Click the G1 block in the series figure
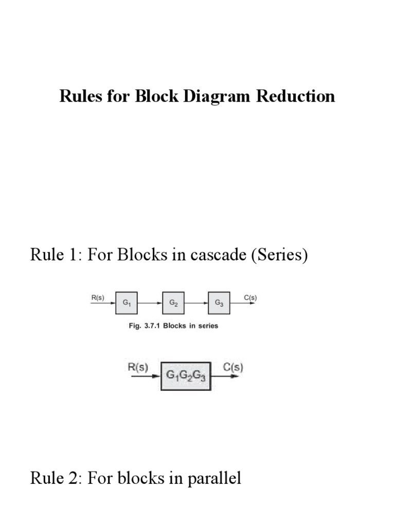click(x=127, y=303)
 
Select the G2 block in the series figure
click(x=173, y=303)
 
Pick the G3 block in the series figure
click(x=219, y=303)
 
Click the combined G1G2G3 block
click(x=186, y=376)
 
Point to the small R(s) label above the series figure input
click(x=97, y=296)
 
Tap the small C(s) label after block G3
click(x=250, y=296)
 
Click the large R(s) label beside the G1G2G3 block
click(x=137, y=367)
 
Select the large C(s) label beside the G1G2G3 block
click(x=233, y=367)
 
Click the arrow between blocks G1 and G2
click(x=150, y=303)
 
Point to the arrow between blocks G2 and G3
click(x=196, y=303)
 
